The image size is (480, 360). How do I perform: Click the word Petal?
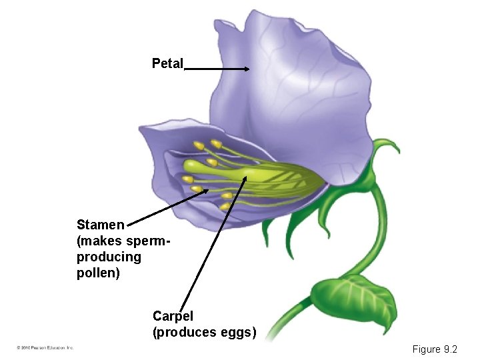(x=167, y=64)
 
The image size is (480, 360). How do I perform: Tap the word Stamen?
(x=100, y=225)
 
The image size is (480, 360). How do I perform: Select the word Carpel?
(x=173, y=316)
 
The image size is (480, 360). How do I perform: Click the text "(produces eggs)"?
(x=204, y=332)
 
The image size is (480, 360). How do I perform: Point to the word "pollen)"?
(x=98, y=273)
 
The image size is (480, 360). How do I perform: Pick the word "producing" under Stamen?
(x=109, y=257)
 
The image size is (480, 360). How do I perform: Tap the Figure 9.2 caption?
(x=435, y=349)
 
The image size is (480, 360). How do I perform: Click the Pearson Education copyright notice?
(x=45, y=347)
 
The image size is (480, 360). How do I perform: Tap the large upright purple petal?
(x=293, y=80)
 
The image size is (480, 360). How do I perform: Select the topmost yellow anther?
(x=216, y=143)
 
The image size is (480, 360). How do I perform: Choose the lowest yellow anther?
(x=225, y=207)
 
